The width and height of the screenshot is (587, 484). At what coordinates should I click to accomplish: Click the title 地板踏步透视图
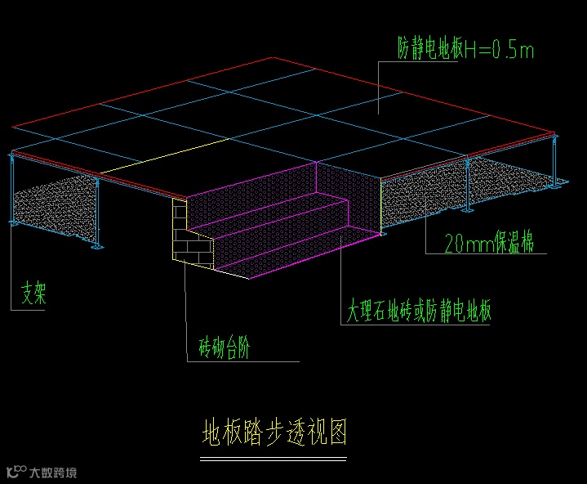[274, 432]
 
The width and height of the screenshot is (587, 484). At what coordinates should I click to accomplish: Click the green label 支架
[33, 294]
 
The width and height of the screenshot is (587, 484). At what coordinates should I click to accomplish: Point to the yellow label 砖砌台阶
[225, 349]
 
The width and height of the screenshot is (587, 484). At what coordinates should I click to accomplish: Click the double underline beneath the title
[274, 459]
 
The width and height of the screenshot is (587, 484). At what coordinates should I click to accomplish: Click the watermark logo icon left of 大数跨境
[16, 472]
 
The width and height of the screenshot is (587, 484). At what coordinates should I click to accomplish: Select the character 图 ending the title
[336, 432]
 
